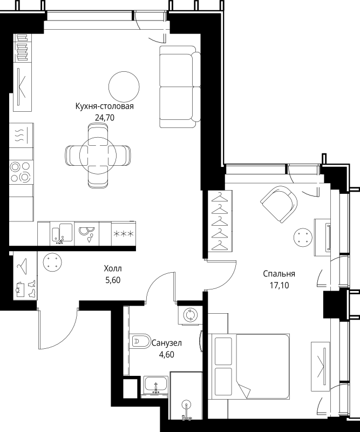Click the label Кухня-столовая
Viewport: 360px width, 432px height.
tap(104, 106)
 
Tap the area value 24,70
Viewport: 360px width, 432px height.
tap(104, 118)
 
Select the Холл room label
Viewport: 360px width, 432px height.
tap(113, 268)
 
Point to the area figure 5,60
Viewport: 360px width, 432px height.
tap(113, 280)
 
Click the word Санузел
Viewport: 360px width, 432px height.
tap(167, 343)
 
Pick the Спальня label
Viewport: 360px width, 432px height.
tap(279, 274)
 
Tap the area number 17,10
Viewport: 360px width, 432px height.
tap(279, 286)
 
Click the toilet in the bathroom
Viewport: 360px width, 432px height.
tap(141, 342)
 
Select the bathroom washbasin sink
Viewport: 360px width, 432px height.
tap(155, 384)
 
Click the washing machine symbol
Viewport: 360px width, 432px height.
tap(191, 314)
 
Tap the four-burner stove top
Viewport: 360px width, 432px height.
tap(20, 172)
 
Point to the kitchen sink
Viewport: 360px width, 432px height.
tap(62, 234)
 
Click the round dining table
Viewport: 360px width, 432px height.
tap(98, 156)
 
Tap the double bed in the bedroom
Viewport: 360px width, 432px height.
tap(249, 367)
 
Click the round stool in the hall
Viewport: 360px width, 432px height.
tap(52, 262)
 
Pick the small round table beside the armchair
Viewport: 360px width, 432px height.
tap(303, 238)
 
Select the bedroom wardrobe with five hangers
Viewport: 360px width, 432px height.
tap(221, 221)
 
